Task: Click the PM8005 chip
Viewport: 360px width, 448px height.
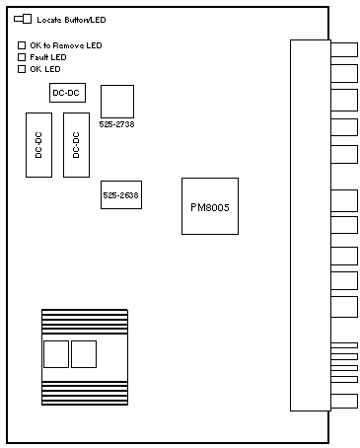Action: pos(210,206)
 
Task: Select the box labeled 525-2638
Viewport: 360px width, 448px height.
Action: pos(121,194)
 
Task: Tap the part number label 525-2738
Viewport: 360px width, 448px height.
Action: pos(116,124)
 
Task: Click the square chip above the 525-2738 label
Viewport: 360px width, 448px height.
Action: pos(117,102)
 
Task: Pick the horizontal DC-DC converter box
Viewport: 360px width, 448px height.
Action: pos(67,93)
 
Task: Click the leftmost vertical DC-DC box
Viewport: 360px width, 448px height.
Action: pos(38,145)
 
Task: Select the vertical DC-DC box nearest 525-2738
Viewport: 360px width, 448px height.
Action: pos(76,145)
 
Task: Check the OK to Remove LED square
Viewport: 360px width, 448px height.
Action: pos(22,45)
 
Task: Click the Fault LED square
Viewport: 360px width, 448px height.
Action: pos(22,57)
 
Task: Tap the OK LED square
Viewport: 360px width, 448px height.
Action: pos(22,69)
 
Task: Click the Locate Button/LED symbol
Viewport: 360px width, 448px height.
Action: pos(23,19)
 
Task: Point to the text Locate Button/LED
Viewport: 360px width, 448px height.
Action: pos(71,20)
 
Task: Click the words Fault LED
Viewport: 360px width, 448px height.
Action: pos(48,57)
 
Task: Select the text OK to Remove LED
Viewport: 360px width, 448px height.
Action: pos(66,45)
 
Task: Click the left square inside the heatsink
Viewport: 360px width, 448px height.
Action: pos(56,354)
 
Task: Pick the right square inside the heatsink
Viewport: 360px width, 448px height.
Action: pos(84,354)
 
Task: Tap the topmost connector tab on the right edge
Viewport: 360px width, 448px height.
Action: pos(344,49)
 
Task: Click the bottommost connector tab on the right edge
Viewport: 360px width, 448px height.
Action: pos(344,401)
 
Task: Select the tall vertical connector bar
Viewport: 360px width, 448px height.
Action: pos(311,225)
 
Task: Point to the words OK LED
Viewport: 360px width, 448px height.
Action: pos(45,69)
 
